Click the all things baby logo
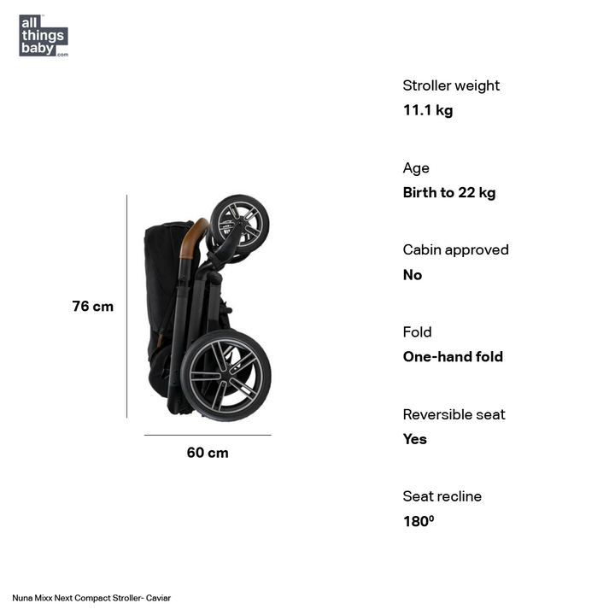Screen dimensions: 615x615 (x=43, y=35)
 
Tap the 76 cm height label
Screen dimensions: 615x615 (x=92, y=307)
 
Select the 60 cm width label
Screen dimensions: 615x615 (x=208, y=453)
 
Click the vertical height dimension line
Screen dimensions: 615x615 (x=127, y=306)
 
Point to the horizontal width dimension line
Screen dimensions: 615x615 (x=208, y=435)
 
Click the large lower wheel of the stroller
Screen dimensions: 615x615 (x=225, y=375)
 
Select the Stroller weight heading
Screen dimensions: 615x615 (x=451, y=85)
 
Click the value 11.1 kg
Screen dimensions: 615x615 (x=428, y=110)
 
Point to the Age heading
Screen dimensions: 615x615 (x=416, y=168)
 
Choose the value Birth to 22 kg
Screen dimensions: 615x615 (x=449, y=193)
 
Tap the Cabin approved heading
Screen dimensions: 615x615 (x=455, y=250)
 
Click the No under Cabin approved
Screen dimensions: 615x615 (x=413, y=275)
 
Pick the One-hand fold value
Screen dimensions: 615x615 (x=453, y=357)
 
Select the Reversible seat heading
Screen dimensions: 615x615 (x=454, y=415)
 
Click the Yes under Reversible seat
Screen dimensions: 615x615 (x=415, y=439)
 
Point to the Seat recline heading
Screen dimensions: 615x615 (x=442, y=497)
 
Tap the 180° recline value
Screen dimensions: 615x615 (x=419, y=521)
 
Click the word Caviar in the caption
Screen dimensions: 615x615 (x=158, y=598)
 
